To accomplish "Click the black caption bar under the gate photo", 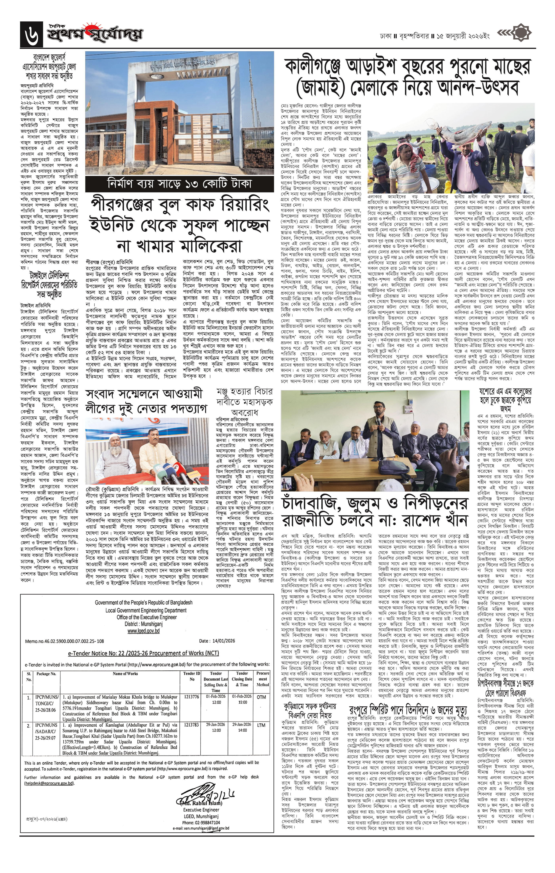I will [x=179, y=184].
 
